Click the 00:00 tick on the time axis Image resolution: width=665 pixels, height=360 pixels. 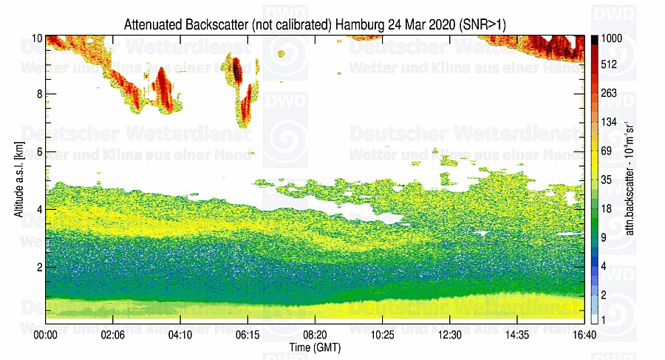point(46,334)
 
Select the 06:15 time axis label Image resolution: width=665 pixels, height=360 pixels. point(248,334)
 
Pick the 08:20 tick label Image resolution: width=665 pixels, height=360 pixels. point(315,334)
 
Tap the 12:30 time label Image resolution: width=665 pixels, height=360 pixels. point(449,334)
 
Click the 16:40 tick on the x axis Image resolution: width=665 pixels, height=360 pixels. point(584,334)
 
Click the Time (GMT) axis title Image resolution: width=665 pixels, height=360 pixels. point(315,347)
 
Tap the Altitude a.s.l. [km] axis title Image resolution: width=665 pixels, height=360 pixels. point(18,178)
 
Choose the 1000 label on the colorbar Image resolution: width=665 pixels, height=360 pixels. point(612,38)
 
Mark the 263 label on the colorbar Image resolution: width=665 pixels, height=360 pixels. point(609,93)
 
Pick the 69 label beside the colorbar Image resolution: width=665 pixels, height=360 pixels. point(607,151)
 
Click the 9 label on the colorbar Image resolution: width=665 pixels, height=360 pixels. point(604,237)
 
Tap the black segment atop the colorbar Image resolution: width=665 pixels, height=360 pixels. point(594,38)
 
